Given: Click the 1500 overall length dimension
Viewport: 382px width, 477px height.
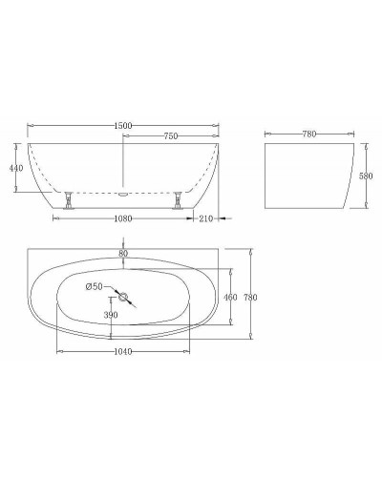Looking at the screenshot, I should point(123,125).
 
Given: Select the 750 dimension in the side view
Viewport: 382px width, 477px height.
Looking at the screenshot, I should point(171,137).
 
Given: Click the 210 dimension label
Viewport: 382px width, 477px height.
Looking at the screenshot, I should point(204,218).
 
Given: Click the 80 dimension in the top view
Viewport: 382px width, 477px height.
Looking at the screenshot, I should point(123,253).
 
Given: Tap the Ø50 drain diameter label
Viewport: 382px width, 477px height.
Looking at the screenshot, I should point(95,286).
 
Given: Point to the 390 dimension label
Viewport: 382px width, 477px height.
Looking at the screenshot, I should point(110,315).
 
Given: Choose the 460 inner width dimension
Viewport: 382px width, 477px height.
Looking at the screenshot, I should point(229,298).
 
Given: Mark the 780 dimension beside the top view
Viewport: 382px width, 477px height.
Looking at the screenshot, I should point(250,298).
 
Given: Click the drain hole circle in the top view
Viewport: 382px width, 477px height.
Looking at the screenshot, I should point(123,295).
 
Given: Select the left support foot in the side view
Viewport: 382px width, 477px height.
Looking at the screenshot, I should point(68,201).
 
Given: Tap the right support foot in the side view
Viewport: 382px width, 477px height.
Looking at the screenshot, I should point(178,201).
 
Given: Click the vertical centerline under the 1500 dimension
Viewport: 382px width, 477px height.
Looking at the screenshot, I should point(123,162).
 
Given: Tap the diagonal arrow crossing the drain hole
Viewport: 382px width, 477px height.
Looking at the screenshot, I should point(131,301).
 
